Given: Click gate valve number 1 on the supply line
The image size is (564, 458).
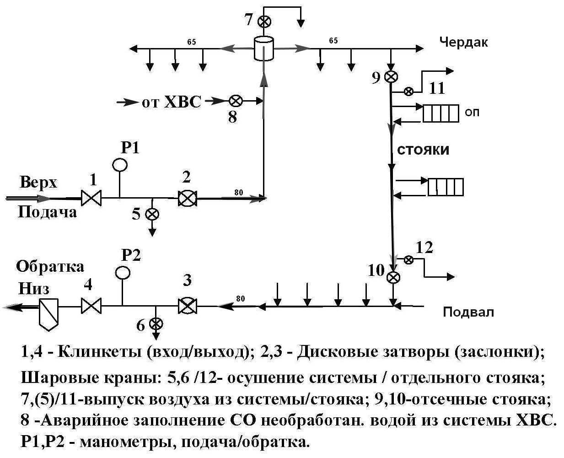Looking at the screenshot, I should [x=91, y=199].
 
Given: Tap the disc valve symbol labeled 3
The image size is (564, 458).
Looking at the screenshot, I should [x=187, y=306].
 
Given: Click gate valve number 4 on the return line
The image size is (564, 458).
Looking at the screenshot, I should [x=91, y=306].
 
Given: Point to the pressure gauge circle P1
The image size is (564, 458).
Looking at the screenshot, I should [x=120, y=164].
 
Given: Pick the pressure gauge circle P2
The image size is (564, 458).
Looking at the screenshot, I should [x=122, y=273].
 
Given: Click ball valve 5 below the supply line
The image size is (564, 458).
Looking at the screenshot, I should [x=152, y=214].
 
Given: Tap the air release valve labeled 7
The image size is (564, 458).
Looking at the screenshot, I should [x=264, y=21].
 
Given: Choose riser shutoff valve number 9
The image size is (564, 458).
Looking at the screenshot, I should [x=390, y=77].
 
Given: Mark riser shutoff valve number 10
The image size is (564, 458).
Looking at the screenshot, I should [x=393, y=277].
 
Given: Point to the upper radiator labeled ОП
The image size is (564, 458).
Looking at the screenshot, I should [x=440, y=113].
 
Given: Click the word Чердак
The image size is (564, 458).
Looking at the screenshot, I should [x=463, y=42].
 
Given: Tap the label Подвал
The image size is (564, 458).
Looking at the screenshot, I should [x=468, y=312].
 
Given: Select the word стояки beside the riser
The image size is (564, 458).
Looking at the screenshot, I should [x=423, y=150].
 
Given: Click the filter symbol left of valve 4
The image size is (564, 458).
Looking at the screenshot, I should [x=48, y=313].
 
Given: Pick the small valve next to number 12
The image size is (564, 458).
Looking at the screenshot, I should [x=408, y=260].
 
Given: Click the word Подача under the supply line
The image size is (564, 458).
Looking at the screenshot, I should [x=47, y=212].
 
